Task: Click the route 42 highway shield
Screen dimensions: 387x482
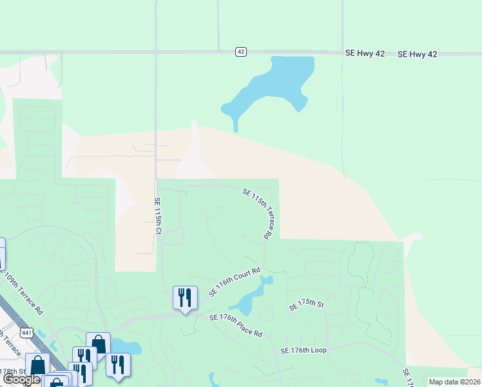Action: (x=240, y=52)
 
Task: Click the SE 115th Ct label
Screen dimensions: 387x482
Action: (x=157, y=215)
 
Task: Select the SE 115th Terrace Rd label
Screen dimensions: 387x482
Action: (x=260, y=213)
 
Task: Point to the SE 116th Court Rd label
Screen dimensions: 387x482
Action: (x=235, y=282)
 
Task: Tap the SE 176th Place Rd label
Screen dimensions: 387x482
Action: (x=236, y=325)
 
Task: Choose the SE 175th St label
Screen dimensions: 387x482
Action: (x=305, y=305)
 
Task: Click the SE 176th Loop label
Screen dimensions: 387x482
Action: (x=304, y=350)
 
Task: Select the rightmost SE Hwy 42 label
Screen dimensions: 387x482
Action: (x=418, y=54)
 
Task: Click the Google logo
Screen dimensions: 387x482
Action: (x=21, y=380)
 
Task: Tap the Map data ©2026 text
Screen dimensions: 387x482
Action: (x=454, y=382)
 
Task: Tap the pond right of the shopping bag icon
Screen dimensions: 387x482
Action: (x=128, y=348)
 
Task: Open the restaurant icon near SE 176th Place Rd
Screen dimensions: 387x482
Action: (x=185, y=298)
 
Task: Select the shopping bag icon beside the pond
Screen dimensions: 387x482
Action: (x=98, y=344)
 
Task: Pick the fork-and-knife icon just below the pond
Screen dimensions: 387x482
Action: (x=118, y=364)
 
